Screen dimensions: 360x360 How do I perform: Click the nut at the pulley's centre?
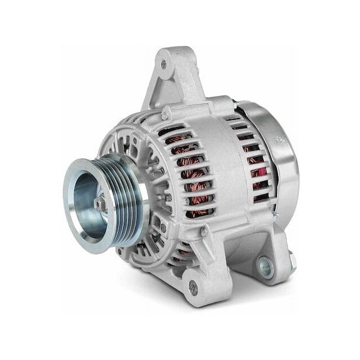click(x=101, y=201)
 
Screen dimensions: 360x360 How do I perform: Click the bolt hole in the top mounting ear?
click(x=164, y=64)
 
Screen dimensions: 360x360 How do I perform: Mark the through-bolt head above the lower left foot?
click(x=204, y=232)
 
